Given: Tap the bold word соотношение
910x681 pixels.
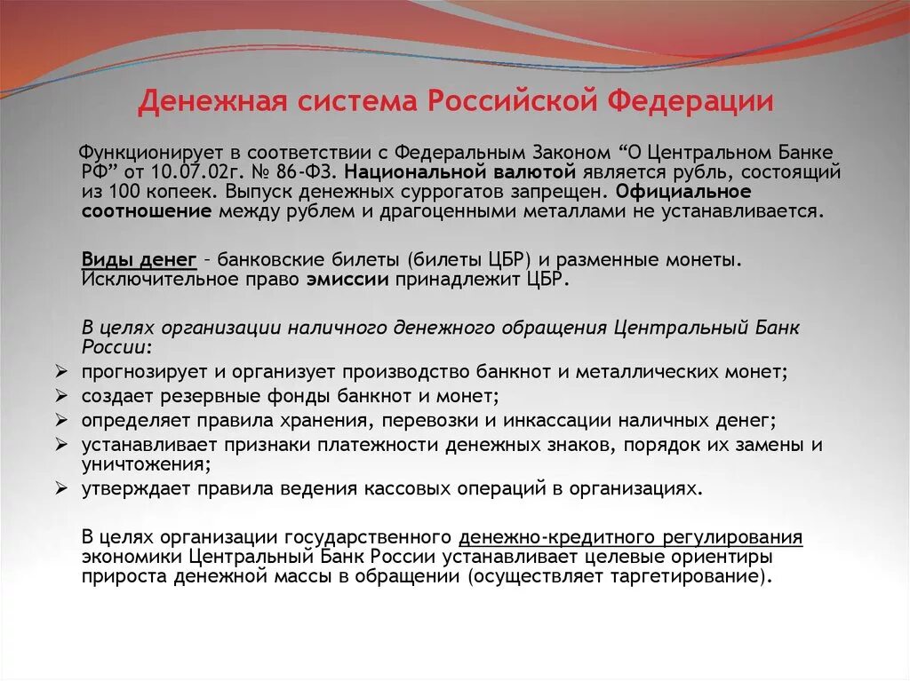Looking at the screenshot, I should tap(147, 211).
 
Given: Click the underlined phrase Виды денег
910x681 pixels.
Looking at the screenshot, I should tap(139, 260).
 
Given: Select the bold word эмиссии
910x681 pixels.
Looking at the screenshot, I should tap(348, 279).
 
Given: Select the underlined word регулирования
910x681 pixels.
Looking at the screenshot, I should tap(736, 537).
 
